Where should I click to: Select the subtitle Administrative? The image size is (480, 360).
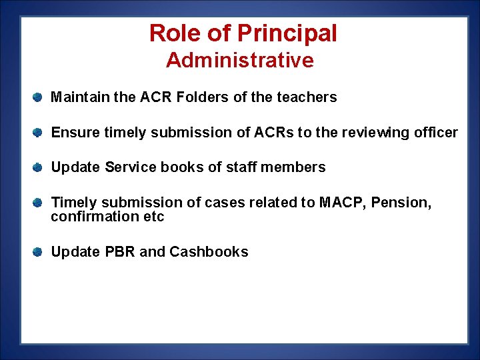pyautogui.click(x=240, y=61)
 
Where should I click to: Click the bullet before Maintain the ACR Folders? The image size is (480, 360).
pyautogui.click(x=39, y=97)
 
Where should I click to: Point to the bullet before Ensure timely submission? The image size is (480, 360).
pyautogui.click(x=39, y=133)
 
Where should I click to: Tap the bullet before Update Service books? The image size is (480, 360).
pyautogui.click(x=39, y=167)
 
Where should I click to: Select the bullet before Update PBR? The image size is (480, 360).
pyautogui.click(x=39, y=252)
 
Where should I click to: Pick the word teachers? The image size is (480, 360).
pyautogui.click(x=306, y=97)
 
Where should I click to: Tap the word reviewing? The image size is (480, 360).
pyautogui.click(x=371, y=133)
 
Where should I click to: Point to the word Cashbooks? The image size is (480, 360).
pyautogui.click(x=209, y=252)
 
